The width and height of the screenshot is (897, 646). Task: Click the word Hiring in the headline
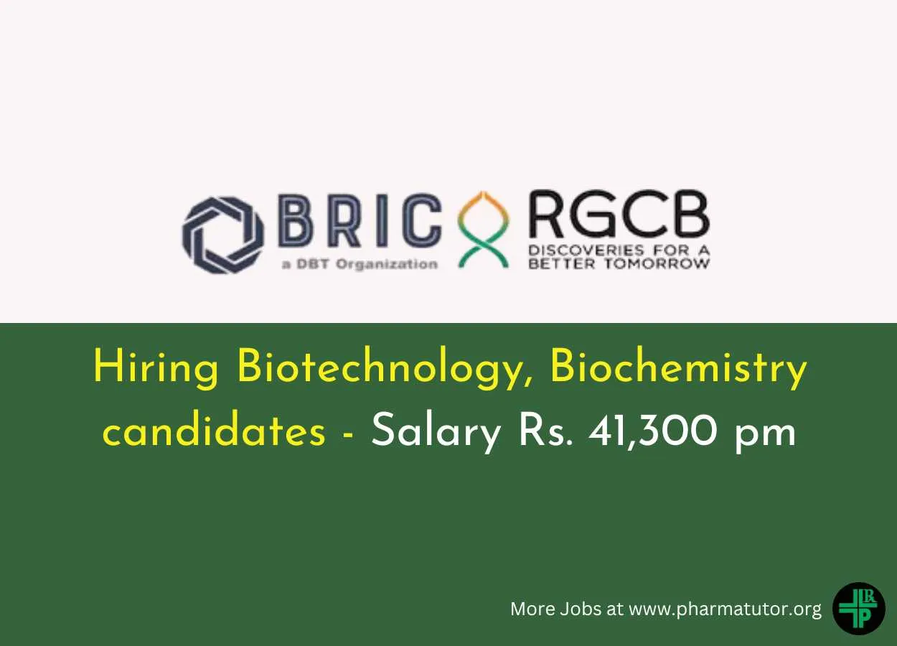click(156, 368)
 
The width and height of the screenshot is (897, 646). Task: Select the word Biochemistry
click(678, 368)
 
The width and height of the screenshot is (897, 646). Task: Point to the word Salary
click(436, 434)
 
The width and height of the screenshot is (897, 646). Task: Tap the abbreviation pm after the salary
click(765, 436)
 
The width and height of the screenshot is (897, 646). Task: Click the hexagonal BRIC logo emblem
click(223, 235)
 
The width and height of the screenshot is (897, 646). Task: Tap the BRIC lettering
click(360, 220)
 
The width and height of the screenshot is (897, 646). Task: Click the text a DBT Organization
click(360, 265)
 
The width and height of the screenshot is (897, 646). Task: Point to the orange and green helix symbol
click(484, 230)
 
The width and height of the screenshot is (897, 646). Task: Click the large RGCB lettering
click(619, 215)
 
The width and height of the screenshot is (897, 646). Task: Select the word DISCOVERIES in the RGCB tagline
click(586, 251)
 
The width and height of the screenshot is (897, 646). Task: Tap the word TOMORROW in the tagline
click(657, 264)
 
